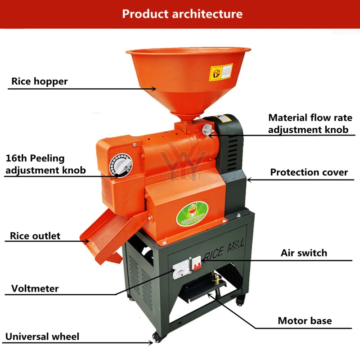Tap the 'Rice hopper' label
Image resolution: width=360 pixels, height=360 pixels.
pyautogui.click(x=40, y=81)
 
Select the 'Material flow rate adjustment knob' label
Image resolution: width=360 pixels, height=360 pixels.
pyautogui.click(x=308, y=124)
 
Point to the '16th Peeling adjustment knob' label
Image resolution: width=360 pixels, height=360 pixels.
pyautogui.click(x=45, y=164)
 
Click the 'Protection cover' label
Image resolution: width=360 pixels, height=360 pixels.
pyautogui.click(x=309, y=172)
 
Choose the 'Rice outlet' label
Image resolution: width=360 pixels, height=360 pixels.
pyautogui.click(x=35, y=236)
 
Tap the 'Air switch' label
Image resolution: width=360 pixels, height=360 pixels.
pyautogui.click(x=304, y=253)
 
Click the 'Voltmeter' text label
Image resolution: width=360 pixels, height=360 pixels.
pyautogui.click(x=35, y=288)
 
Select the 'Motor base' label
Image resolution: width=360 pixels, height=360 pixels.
pyautogui.click(x=305, y=321)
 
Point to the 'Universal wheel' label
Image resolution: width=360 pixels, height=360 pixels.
pyautogui.click(x=42, y=337)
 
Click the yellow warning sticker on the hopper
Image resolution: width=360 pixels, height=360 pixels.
pyautogui.click(x=220, y=72)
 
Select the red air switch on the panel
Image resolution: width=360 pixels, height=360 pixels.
pyautogui.click(x=197, y=264)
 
